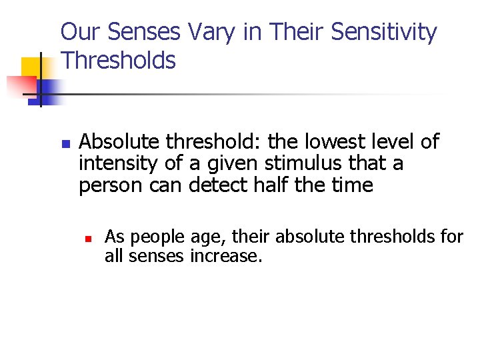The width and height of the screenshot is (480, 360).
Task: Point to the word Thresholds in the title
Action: click(x=118, y=61)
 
